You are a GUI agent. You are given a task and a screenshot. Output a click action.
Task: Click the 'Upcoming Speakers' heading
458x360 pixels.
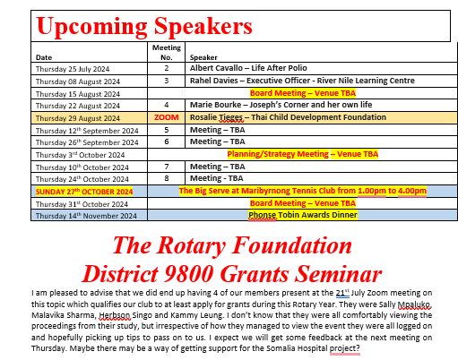coord(144,27)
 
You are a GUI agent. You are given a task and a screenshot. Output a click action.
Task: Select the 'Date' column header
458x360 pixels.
coord(44,57)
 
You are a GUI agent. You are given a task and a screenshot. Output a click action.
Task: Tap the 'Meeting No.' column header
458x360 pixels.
coord(167,52)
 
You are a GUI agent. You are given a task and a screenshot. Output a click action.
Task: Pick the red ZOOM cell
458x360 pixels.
coord(167,117)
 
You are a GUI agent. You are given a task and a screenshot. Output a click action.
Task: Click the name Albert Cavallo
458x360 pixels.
coord(216,68)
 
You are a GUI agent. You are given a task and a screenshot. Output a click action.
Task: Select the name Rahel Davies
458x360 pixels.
coord(214,81)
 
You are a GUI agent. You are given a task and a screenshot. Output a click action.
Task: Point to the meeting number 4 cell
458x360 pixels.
coord(167,105)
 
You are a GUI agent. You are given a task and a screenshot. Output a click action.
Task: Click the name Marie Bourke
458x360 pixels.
coord(216,105)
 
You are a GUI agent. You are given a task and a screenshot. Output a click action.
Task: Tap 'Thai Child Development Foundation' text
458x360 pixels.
coord(318,117)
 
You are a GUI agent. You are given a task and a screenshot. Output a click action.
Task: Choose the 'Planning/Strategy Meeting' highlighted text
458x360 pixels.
coord(278,154)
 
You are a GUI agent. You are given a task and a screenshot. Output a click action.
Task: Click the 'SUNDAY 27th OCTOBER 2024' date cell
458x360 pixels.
coord(84,192)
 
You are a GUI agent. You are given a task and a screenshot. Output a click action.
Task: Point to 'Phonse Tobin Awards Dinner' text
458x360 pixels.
coord(303,215)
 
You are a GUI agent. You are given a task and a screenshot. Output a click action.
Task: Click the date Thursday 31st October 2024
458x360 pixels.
coord(82,204)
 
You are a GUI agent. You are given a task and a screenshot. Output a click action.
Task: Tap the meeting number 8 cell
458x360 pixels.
coord(167,178)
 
